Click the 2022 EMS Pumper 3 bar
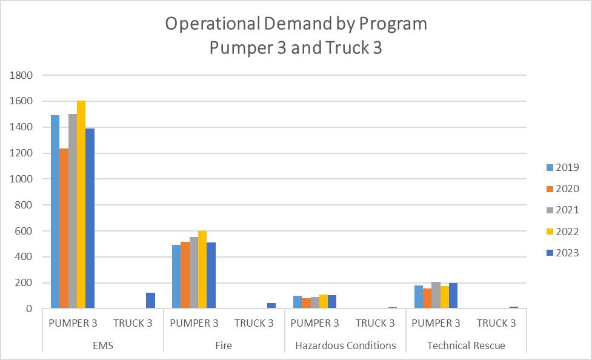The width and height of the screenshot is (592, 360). [81, 204]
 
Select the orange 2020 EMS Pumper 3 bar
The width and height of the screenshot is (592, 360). [64, 228]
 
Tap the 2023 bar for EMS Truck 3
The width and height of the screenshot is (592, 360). [150, 301]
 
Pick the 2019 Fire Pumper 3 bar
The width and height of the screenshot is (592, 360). [176, 276]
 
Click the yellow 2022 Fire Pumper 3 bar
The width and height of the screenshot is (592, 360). [202, 269]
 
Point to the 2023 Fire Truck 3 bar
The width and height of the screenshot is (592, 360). [271, 305]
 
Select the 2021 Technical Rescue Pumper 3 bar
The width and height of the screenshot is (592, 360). [436, 295]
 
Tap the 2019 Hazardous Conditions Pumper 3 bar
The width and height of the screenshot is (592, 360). [298, 302]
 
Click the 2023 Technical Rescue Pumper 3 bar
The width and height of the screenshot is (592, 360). [453, 296]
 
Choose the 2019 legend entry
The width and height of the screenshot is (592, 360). [562, 167]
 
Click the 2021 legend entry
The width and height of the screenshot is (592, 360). [562, 210]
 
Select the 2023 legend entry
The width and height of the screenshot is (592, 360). [562, 253]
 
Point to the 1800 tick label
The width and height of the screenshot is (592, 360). [21, 75]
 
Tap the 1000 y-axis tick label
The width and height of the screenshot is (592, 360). [21, 179]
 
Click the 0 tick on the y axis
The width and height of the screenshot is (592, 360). [29, 309]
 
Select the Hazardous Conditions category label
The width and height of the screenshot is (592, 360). [345, 345]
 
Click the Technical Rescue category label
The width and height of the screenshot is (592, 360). [467, 345]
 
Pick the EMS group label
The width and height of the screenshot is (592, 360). [102, 345]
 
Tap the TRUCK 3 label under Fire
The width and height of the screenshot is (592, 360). [254, 324]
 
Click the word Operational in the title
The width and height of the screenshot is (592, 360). [213, 24]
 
